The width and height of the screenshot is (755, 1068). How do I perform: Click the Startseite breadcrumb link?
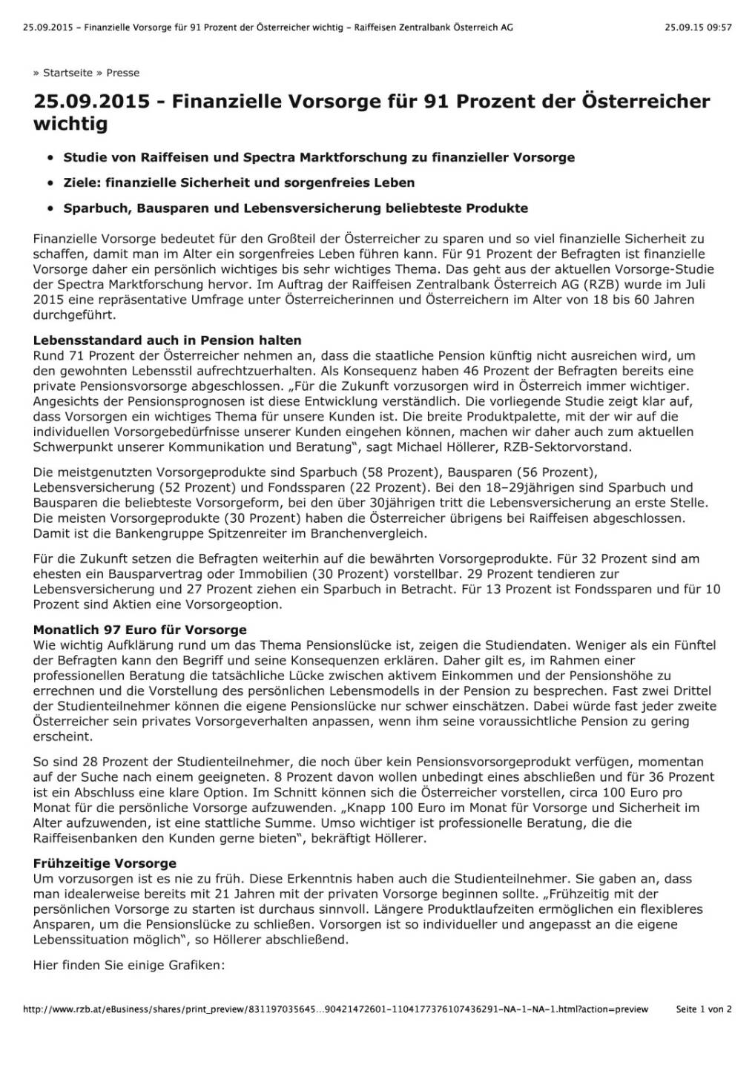click(x=67, y=73)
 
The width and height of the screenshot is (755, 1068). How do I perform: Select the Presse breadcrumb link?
click(x=122, y=73)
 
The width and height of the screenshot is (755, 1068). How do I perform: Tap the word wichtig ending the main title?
click(x=70, y=124)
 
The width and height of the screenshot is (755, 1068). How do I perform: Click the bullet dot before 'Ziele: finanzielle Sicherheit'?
click(x=49, y=183)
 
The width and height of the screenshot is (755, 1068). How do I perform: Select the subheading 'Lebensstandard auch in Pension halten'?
click(x=167, y=340)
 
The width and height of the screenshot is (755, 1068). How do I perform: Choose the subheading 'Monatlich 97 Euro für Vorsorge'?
click(x=139, y=630)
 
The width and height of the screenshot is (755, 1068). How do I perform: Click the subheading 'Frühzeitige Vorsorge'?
click(x=105, y=863)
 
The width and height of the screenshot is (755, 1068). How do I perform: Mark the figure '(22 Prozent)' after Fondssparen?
click(x=386, y=487)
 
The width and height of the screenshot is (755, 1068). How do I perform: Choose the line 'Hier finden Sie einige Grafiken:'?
click(x=128, y=965)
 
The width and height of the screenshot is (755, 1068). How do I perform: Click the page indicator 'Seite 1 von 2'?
click(x=704, y=1009)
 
